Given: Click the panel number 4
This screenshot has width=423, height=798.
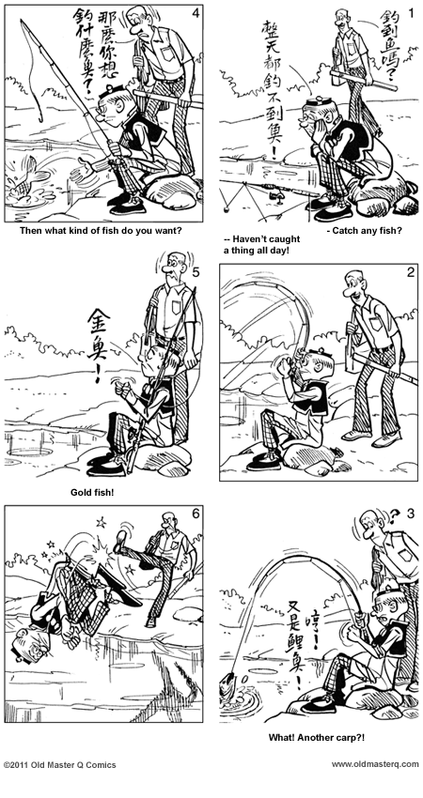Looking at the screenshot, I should [195, 13].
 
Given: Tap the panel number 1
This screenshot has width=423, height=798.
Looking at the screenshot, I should [410, 14].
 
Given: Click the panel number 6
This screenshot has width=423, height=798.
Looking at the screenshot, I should [195, 514].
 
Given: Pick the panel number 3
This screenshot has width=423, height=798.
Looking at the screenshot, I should [410, 514].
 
